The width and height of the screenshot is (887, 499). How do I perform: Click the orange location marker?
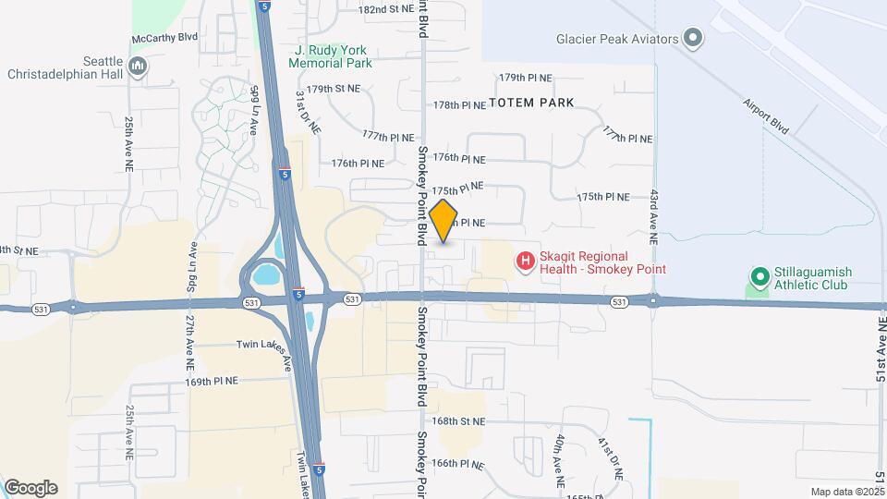pyautogui.click(x=443, y=221)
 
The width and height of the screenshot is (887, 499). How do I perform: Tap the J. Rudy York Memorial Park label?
pyautogui.click(x=330, y=56)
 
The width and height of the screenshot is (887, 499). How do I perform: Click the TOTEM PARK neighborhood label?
pyautogui.click(x=531, y=102)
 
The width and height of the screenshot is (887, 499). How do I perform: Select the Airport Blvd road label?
pyautogui.click(x=766, y=116)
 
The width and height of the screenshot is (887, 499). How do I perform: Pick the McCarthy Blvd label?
pyautogui.click(x=165, y=37)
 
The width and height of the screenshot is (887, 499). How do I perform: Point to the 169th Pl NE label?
pyautogui.click(x=212, y=380)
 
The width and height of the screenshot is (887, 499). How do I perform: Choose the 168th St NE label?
pyautogui.click(x=458, y=421)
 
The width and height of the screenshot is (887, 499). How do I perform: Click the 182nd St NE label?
pyautogui.click(x=386, y=8)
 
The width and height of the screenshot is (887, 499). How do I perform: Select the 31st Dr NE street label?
pyautogui.click(x=308, y=111)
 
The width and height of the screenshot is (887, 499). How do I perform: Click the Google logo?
pyautogui.click(x=30, y=488)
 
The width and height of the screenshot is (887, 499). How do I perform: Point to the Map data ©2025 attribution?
pyautogui.click(x=847, y=492)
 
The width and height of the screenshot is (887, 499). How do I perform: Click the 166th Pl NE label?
pyautogui.click(x=458, y=463)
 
